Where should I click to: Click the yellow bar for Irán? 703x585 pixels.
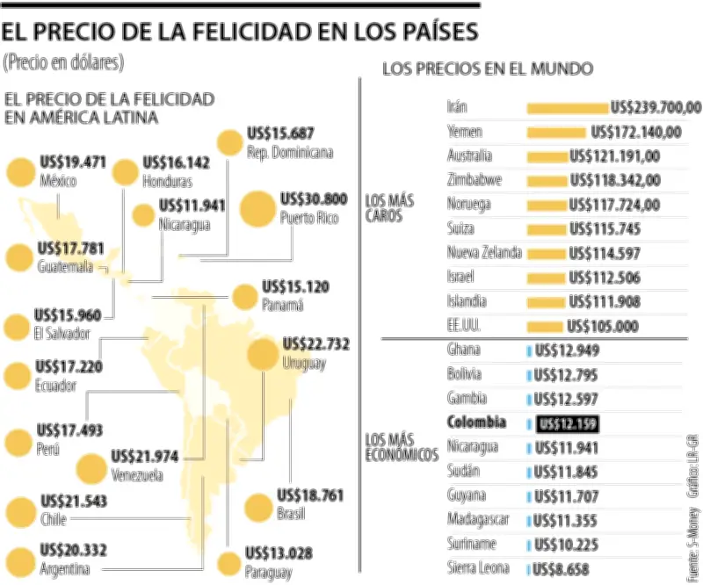(x=567, y=108)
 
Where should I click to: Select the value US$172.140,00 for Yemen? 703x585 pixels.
(x=636, y=133)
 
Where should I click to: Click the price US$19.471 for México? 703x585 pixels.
(x=73, y=162)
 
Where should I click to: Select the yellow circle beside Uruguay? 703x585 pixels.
(x=263, y=356)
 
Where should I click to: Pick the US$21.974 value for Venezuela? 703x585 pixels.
(x=146, y=457)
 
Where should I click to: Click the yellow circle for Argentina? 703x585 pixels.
(x=19, y=560)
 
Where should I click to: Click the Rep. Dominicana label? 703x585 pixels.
(x=290, y=152)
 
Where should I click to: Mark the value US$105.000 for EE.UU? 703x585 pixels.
(x=602, y=326)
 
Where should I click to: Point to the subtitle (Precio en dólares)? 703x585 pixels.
(x=63, y=62)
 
